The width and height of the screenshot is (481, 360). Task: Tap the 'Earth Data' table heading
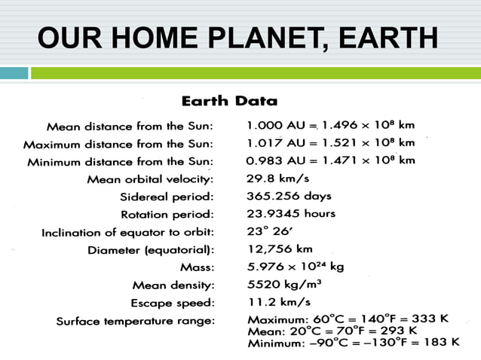pos(228,101)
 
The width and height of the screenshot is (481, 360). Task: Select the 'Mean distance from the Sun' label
pos(130,126)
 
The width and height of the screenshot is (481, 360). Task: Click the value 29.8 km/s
pos(278,178)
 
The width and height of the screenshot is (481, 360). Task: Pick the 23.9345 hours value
pos(291,213)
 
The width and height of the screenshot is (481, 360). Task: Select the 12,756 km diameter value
pos(280,249)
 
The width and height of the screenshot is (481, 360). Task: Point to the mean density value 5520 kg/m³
pos(286,285)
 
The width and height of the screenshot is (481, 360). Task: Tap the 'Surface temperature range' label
pos(135,322)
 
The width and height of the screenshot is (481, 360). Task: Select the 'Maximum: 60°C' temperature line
pos(348,319)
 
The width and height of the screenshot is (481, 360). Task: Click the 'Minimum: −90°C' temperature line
pos(353,343)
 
